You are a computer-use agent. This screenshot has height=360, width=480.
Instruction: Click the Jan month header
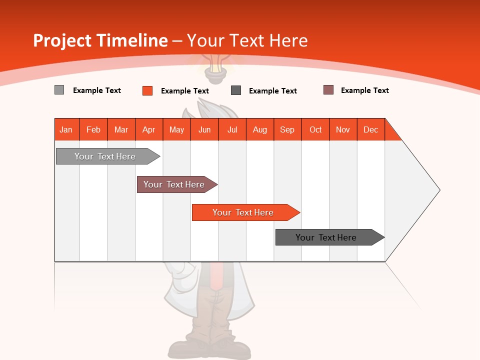click(x=66, y=129)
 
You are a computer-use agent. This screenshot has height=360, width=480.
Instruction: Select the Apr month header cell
click(x=149, y=129)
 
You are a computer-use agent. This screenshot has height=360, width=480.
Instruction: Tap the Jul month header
click(x=232, y=129)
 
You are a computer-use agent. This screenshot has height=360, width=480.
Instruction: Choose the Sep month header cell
click(x=287, y=129)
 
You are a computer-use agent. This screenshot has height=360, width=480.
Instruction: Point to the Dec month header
click(x=370, y=129)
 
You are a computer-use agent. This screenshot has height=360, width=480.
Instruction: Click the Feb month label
click(x=93, y=129)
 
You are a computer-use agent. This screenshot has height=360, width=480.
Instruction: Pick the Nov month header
click(x=343, y=129)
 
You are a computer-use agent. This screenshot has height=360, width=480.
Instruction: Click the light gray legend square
click(x=59, y=90)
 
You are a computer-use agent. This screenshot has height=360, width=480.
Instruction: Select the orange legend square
click(x=147, y=90)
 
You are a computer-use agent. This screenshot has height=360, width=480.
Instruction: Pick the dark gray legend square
click(x=236, y=90)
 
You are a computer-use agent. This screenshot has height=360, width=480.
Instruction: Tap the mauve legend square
click(x=328, y=90)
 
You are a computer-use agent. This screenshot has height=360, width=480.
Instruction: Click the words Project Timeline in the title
click(x=100, y=40)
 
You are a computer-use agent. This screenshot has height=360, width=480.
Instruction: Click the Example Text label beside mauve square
click(x=364, y=90)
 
